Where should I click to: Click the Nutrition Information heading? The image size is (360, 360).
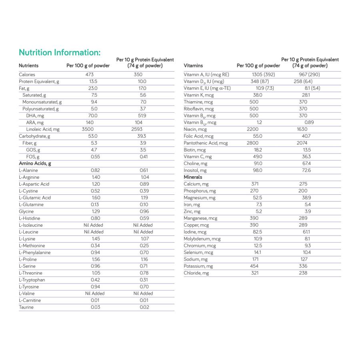point(60,52)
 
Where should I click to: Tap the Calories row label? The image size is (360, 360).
point(27,74)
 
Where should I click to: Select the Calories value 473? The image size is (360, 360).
point(90,74)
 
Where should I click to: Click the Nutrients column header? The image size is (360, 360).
point(29,66)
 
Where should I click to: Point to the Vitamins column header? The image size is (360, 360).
point(193,66)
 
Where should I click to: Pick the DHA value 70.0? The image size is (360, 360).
point(92,116)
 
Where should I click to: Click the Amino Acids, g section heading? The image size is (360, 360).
point(35,163)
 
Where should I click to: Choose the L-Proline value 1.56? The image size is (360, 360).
point(96,259)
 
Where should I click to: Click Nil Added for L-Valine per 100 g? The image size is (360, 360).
point(94,293)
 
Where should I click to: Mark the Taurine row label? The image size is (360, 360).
point(26,307)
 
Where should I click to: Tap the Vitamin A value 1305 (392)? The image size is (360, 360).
point(263,74)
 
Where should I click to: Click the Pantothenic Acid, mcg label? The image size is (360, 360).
point(206,143)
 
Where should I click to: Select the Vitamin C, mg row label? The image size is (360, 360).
point(198,156)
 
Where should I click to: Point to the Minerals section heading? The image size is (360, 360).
point(193,177)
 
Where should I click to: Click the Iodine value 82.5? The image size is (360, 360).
point(258,232)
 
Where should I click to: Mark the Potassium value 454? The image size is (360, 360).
point(254,266)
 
